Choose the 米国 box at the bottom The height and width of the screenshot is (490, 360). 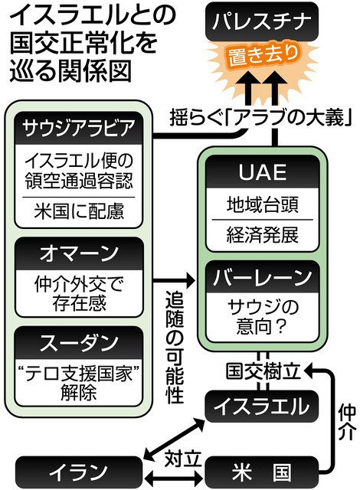260,467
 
